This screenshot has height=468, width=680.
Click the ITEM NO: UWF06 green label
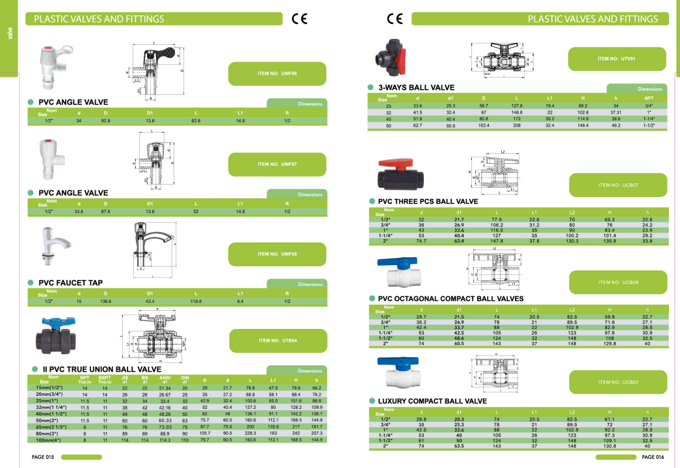(x=276, y=73)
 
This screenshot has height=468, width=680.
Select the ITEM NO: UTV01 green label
(x=616, y=58)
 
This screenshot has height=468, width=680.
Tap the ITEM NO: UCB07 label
(x=617, y=185)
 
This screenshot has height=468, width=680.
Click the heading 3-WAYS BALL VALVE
(x=416, y=87)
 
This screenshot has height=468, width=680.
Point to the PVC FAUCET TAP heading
(x=70, y=283)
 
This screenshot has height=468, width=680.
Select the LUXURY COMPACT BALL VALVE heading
(x=432, y=401)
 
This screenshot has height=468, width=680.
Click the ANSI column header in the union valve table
(x=164, y=378)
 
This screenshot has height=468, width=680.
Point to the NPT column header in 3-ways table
(x=648, y=98)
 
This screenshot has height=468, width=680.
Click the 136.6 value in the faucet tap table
(x=105, y=301)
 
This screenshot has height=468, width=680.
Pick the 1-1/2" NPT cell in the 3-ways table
(x=648, y=125)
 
